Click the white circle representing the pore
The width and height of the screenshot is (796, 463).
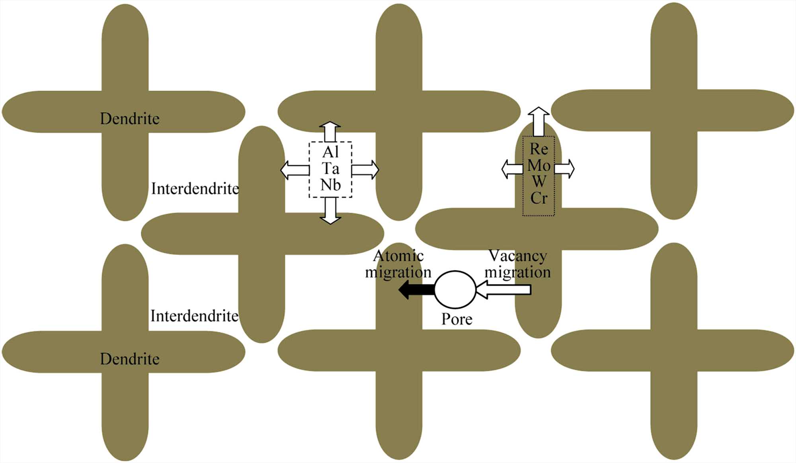[x=455, y=289]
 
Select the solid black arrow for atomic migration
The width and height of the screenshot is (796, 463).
[x=416, y=289]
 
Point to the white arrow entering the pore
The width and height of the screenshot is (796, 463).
[x=503, y=289]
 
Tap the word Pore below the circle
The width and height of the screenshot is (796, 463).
[x=457, y=319]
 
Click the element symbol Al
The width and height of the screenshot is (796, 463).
[x=330, y=152]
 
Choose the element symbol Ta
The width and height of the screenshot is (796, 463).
[x=330, y=169]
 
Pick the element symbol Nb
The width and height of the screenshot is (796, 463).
[x=330, y=185]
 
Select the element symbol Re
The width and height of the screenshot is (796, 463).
[x=539, y=149]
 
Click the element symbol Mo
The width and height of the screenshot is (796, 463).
[x=539, y=166]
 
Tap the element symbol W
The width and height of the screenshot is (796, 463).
[x=539, y=182]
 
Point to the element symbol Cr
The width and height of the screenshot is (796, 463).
[x=539, y=198]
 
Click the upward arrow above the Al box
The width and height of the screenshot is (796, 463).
[x=330, y=131]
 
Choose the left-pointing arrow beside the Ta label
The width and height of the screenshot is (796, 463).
[x=295, y=170]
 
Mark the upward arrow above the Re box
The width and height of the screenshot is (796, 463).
[x=538, y=121]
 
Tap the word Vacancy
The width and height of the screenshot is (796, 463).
[x=517, y=256]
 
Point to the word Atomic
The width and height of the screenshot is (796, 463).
[x=398, y=256]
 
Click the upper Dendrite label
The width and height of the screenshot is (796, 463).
[x=130, y=119]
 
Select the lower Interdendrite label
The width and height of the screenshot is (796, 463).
[x=195, y=316]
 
